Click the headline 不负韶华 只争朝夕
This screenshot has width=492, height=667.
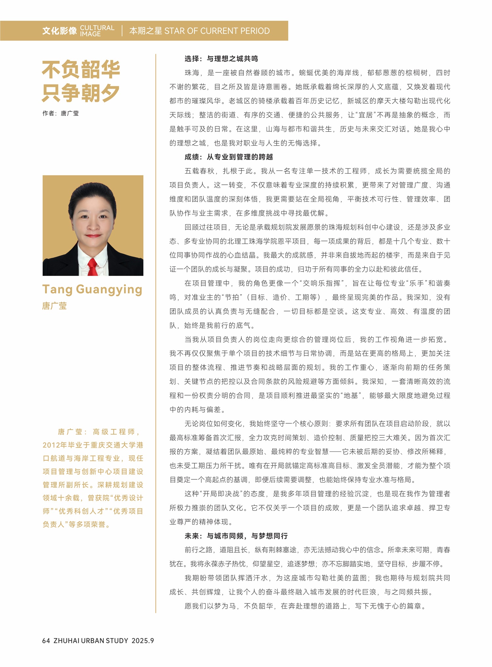81,81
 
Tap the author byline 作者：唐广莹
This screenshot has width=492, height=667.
60,113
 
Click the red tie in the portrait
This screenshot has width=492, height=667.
93,267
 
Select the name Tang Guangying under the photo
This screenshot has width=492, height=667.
92,290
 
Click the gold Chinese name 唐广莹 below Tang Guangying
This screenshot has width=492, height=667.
54,306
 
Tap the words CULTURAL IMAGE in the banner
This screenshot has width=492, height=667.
97,31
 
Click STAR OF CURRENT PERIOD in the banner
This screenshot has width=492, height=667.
217,31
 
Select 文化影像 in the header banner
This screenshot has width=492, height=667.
59,31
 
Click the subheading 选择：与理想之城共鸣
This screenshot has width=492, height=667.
221,59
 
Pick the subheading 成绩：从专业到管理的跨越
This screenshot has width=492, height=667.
229,157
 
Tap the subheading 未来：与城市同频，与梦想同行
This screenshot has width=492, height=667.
236,536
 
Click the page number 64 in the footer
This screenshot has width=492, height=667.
46,640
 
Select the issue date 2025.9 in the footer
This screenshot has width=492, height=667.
143,640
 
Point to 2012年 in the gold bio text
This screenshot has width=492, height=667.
54,445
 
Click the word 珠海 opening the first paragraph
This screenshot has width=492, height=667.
192,73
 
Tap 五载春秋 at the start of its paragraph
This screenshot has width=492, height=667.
199,171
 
